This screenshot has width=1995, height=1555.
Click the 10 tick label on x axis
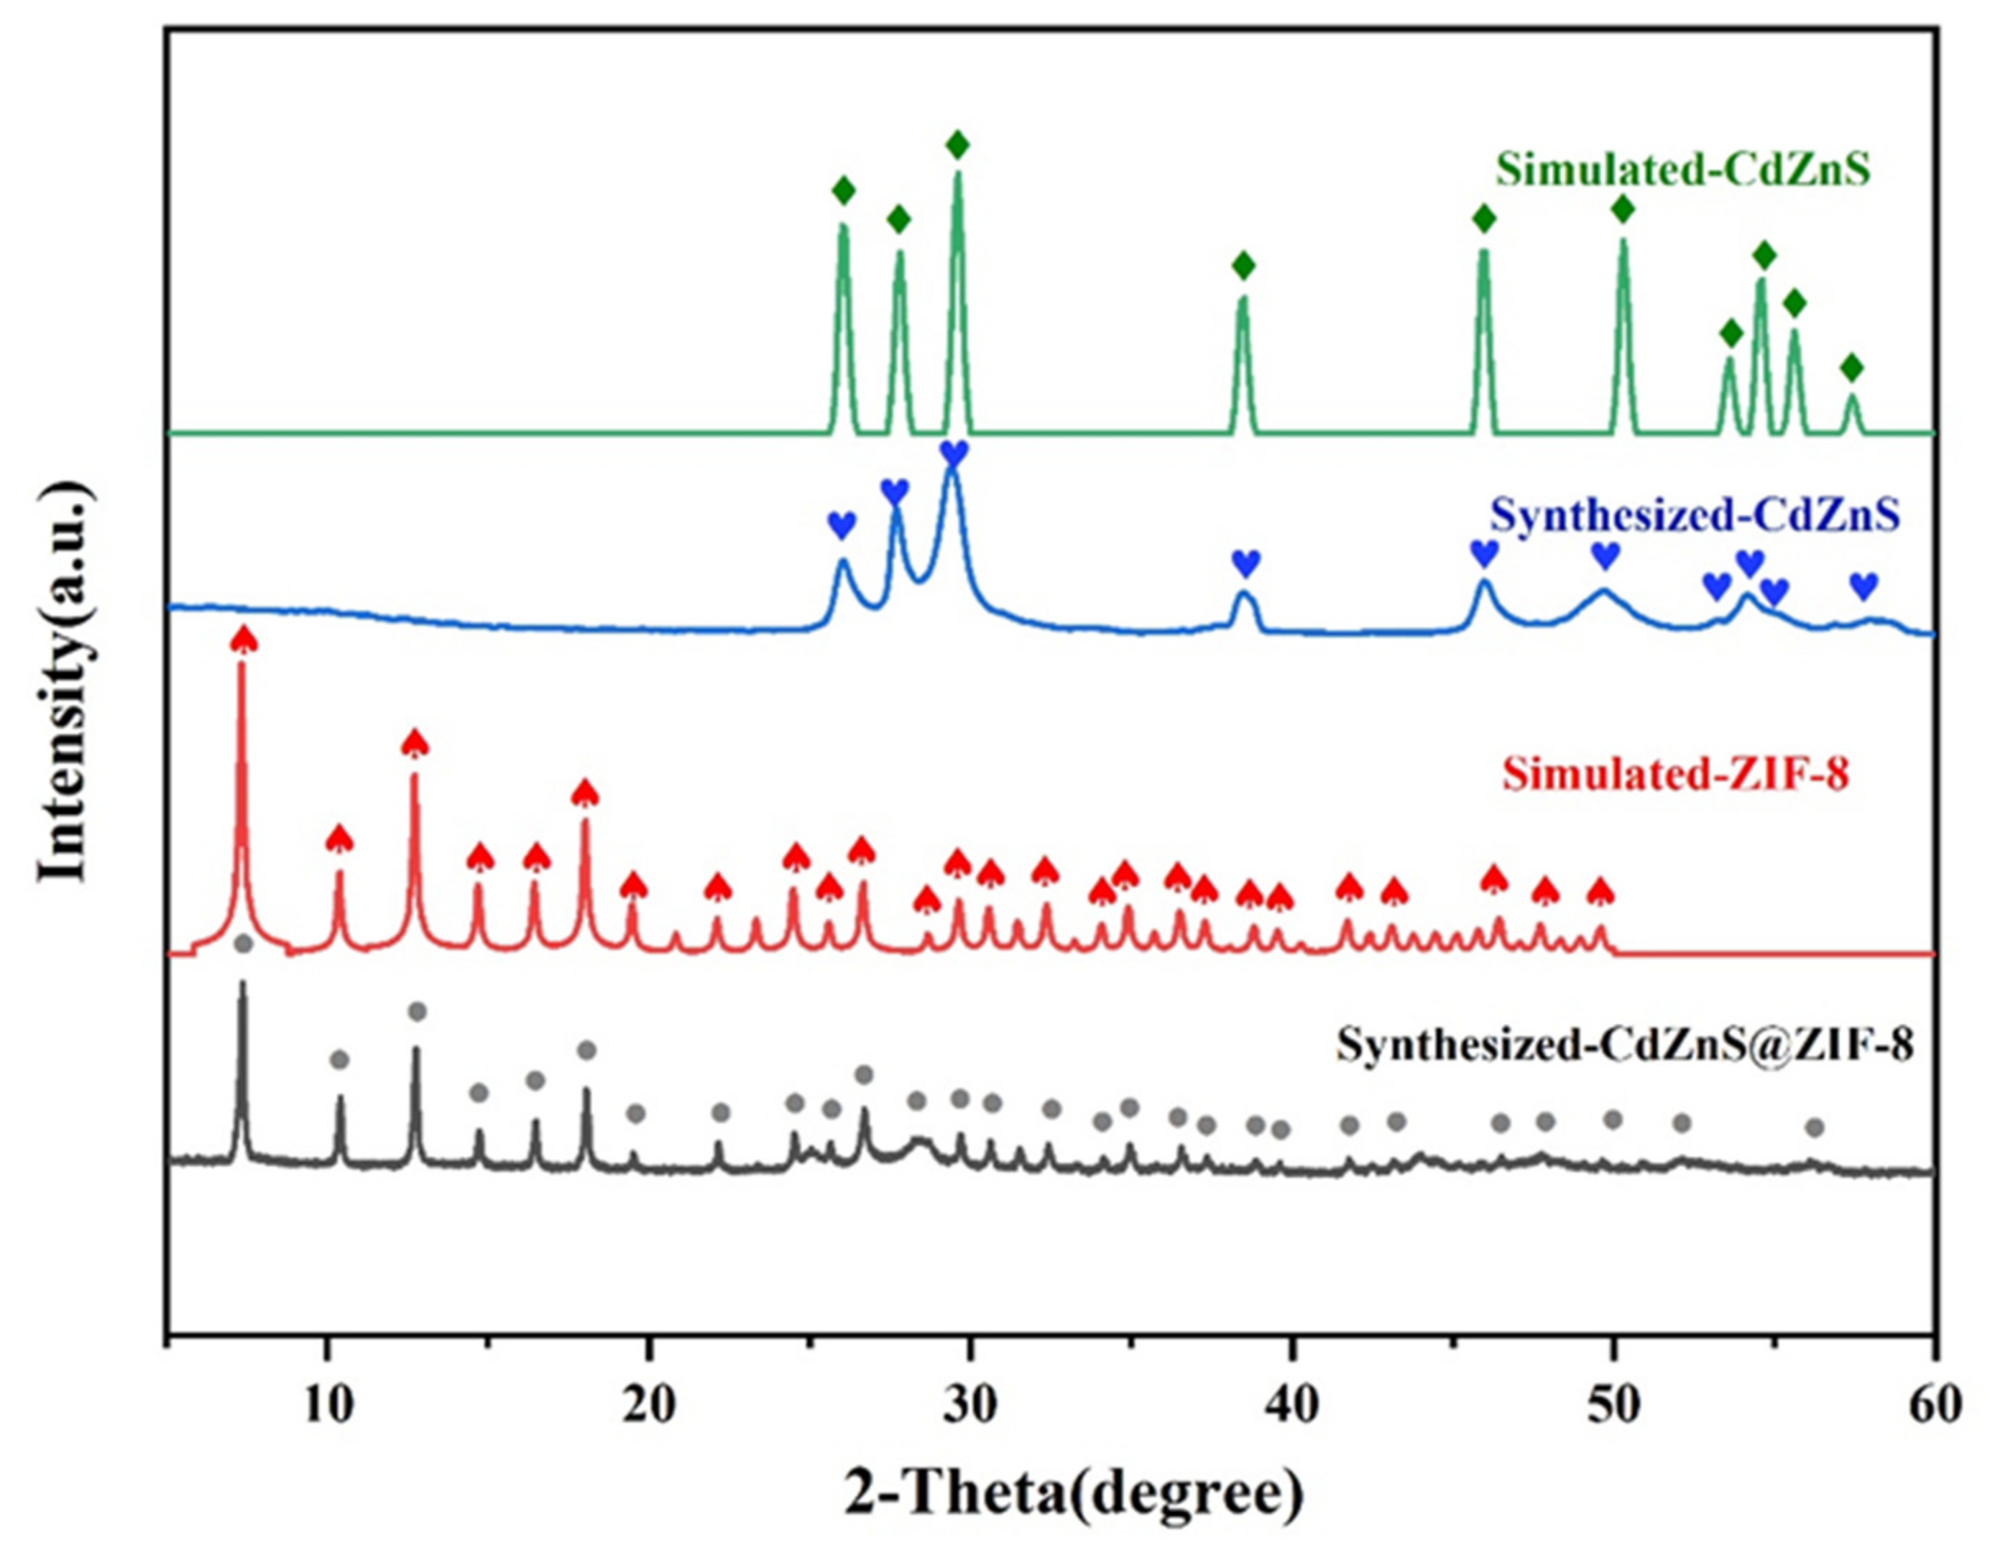coord(326,1406)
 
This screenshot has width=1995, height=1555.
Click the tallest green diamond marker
coord(957,144)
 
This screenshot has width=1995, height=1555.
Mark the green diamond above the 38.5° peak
coord(1243,266)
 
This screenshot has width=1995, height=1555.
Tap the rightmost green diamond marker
coord(1851,368)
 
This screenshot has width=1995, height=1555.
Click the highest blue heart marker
coord(953,451)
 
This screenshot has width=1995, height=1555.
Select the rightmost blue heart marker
coord(1863,586)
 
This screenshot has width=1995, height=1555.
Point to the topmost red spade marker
coord(243,639)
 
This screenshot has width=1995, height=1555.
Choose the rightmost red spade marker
coord(1600,891)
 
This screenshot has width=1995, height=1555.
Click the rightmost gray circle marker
coord(1815,1127)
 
